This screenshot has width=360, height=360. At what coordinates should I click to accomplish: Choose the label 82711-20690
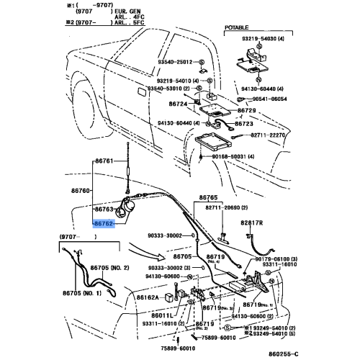(220, 207)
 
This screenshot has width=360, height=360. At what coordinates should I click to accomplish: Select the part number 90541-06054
(271, 99)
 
